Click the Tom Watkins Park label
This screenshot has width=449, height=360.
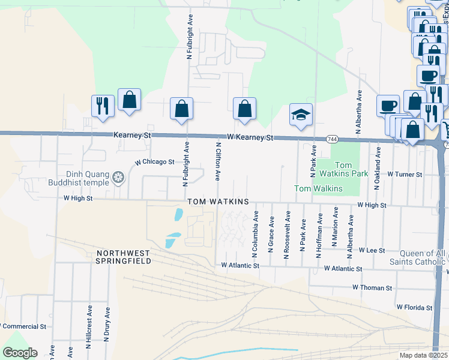tap(334, 169)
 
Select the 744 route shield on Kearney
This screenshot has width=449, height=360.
tap(331, 139)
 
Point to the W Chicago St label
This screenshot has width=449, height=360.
tap(154, 162)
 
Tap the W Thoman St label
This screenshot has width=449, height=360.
tap(372, 287)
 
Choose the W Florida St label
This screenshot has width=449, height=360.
tap(414, 308)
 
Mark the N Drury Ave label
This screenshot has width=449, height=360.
tap(107, 324)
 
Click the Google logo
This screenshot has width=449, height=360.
tap(20, 352)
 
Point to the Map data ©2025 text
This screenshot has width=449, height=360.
tap(423, 355)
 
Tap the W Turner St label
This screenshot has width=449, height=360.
tap(405, 174)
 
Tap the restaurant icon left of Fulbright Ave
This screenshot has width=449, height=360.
tap(102, 106)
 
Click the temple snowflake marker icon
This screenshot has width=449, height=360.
tap(119, 178)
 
